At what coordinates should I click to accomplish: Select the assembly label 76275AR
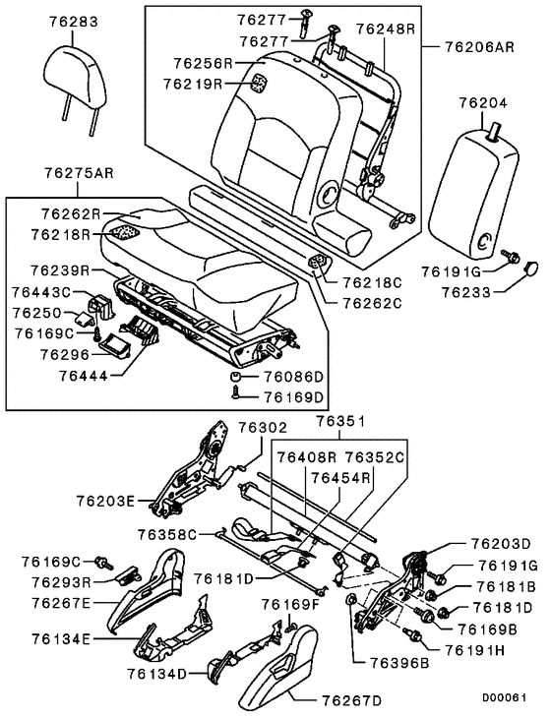pyautogui.click(x=75, y=172)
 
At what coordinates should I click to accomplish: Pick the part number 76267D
pyautogui.click(x=353, y=700)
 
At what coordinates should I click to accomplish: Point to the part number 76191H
pyautogui.click(x=475, y=650)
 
